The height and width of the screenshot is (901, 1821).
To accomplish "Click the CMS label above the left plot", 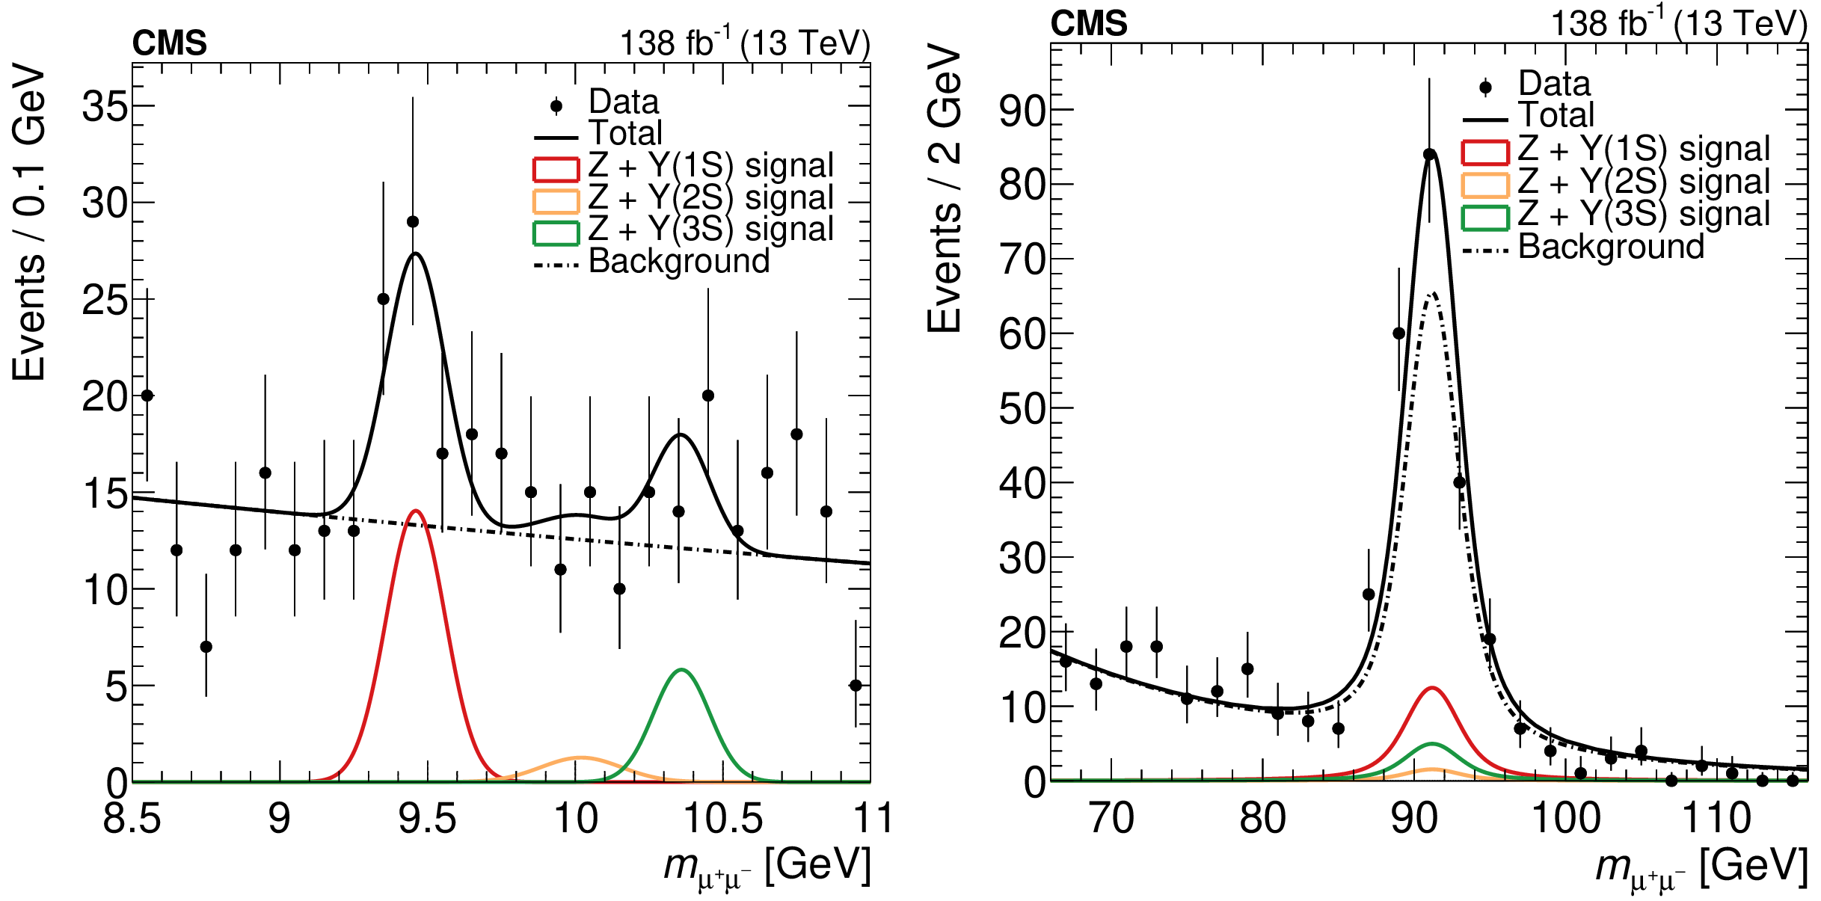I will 169,43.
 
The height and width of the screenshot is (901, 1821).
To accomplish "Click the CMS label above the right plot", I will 1088,24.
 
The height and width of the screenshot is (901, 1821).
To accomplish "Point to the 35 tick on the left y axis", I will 105,106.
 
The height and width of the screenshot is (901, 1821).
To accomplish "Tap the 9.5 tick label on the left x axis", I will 427,818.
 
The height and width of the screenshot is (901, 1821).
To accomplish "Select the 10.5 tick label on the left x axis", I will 723,818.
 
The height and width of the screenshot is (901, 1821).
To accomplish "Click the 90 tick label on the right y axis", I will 1023,111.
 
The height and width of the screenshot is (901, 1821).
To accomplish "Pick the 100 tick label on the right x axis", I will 1566,818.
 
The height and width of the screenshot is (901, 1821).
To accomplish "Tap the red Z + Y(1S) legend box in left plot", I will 556,169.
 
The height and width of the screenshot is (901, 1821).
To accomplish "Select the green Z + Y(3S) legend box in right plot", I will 1484,217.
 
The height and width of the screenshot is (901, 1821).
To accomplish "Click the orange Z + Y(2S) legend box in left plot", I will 556,201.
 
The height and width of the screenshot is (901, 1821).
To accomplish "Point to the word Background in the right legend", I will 1611,247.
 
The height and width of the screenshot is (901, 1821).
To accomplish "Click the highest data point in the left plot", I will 413,222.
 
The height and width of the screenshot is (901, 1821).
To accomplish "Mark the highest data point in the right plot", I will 1429,155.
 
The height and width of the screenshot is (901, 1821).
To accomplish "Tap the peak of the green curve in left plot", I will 681,670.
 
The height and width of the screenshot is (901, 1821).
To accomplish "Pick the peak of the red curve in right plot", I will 1431,688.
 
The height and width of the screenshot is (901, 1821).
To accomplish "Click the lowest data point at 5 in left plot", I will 856,686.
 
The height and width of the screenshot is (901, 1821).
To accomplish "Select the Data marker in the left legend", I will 556,106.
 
